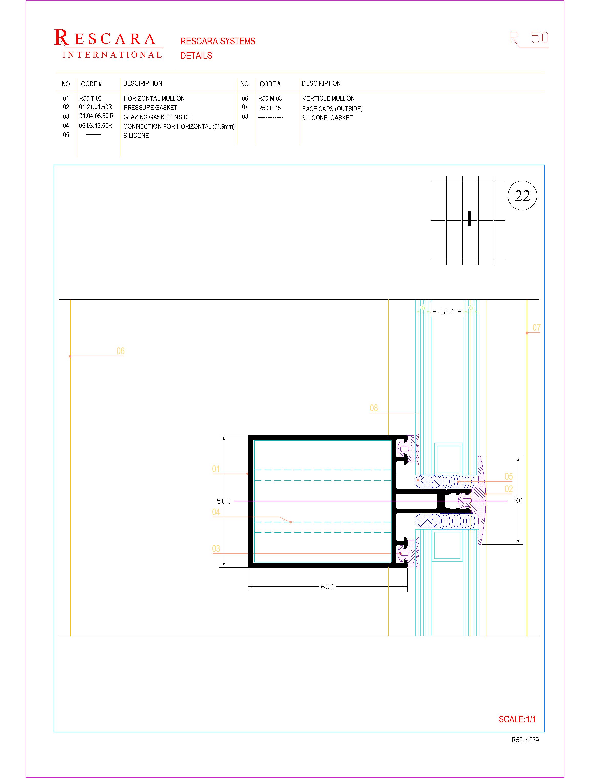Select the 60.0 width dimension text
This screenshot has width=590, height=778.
point(328,587)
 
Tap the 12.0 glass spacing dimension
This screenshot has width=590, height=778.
point(447,312)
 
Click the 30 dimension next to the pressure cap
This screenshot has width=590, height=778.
point(518,500)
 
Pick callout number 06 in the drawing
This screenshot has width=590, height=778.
point(120,351)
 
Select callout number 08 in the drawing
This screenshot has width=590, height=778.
point(374,408)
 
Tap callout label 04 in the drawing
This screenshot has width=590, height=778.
point(216,512)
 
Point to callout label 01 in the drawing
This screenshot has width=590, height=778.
point(216,469)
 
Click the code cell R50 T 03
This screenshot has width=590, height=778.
point(90,98)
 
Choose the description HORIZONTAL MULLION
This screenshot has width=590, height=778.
point(154,98)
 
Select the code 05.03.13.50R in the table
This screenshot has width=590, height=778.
point(95,126)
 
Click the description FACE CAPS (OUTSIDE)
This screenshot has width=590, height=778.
point(332,109)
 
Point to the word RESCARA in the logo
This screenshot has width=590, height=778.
point(105,38)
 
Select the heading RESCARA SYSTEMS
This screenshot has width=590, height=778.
point(218,41)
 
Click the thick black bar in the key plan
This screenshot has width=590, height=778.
point(469,219)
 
